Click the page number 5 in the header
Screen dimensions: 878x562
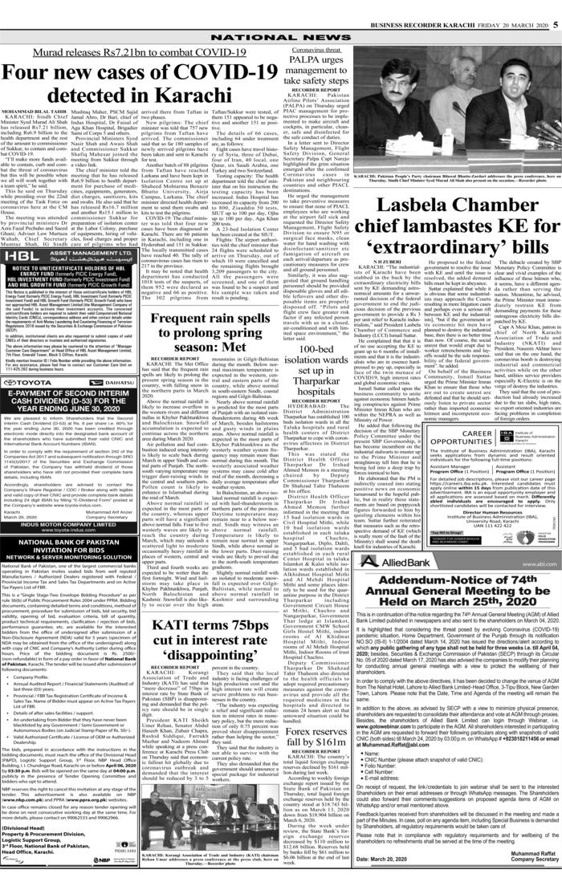point(555,5)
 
